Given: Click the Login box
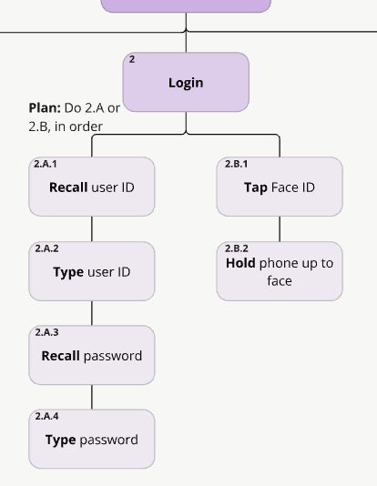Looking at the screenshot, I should click(186, 83).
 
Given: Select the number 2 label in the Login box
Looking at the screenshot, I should click(132, 59).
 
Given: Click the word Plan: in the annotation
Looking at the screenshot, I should click(45, 107).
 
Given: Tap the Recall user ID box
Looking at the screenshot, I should click(91, 187).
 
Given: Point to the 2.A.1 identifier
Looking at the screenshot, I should click(46, 165).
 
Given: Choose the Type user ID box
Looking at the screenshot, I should click(91, 272).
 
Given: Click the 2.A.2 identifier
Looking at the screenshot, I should click(46, 248).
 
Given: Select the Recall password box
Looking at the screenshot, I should click(91, 356).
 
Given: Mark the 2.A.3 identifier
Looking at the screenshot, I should click(46, 332).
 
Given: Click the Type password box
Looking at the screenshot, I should click(91, 440).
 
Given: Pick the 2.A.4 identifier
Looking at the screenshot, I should click(46, 416).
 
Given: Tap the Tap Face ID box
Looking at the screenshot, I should click(279, 187).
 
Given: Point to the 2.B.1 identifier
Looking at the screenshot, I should click(236, 165).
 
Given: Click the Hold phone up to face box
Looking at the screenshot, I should click(279, 272).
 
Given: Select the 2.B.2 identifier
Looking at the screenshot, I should click(237, 248).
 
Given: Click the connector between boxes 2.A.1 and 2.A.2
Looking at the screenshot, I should click(91, 228).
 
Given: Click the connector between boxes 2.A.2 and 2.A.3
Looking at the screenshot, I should click(91, 313).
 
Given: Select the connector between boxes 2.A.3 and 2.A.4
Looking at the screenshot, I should click(91, 397).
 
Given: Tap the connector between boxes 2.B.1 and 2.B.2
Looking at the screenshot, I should click(280, 228).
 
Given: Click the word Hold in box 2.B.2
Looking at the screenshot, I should click(240, 263).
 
